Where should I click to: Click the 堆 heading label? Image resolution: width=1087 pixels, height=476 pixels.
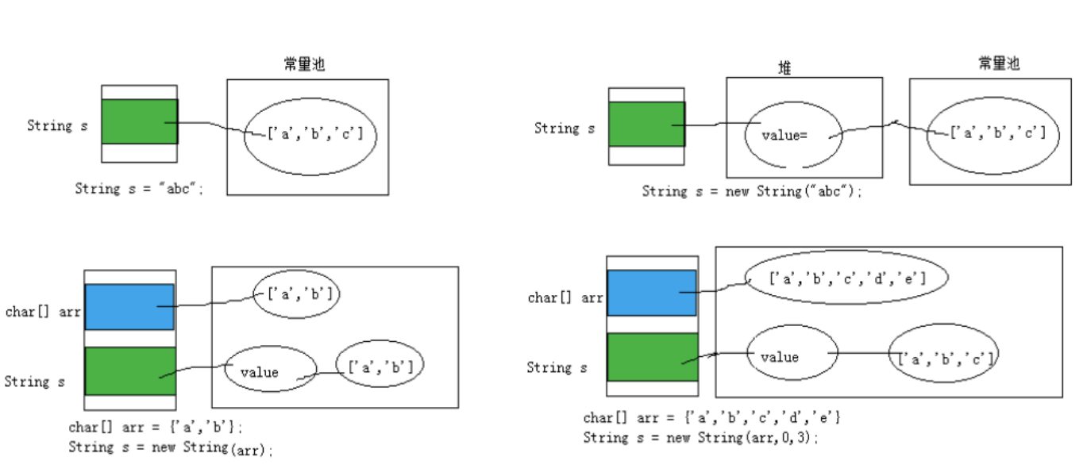click(x=784, y=67)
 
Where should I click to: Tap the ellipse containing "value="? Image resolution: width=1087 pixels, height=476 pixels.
click(x=793, y=135)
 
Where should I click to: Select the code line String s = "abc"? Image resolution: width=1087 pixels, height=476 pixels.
click(x=139, y=188)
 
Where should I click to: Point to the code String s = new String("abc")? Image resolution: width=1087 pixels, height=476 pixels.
click(x=752, y=191)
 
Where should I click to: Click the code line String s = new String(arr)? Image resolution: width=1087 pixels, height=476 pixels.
click(x=171, y=447)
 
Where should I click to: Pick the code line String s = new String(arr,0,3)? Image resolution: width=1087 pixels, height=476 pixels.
click(x=701, y=438)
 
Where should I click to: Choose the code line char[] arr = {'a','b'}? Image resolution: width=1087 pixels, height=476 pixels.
click(x=156, y=427)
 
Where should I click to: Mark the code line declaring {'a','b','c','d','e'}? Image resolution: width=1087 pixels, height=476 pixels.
click(x=711, y=417)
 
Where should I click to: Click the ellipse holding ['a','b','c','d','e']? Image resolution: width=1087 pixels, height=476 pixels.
click(x=846, y=278)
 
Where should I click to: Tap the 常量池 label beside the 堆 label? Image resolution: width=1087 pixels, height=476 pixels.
click(x=999, y=63)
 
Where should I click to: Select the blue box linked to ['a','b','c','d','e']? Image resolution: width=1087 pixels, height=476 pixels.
click(x=652, y=293)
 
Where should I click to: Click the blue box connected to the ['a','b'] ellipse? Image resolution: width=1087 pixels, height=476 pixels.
click(x=129, y=307)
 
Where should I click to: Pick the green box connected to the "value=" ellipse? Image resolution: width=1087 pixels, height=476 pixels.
click(x=647, y=124)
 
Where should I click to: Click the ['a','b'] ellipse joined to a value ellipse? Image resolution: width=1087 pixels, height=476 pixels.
click(x=380, y=363)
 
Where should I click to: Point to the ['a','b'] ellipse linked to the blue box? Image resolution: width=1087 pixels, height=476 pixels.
click(x=296, y=294)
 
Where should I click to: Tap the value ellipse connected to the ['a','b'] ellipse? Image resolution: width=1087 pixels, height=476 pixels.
click(x=271, y=368)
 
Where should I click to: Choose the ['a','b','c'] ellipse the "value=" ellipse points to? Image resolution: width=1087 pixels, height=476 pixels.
click(x=993, y=135)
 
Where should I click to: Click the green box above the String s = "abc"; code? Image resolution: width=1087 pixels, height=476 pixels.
click(x=140, y=121)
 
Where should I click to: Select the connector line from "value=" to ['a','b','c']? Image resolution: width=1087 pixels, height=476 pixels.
click(x=888, y=129)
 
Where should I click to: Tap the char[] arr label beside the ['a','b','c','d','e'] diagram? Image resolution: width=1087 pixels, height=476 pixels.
click(x=565, y=297)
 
